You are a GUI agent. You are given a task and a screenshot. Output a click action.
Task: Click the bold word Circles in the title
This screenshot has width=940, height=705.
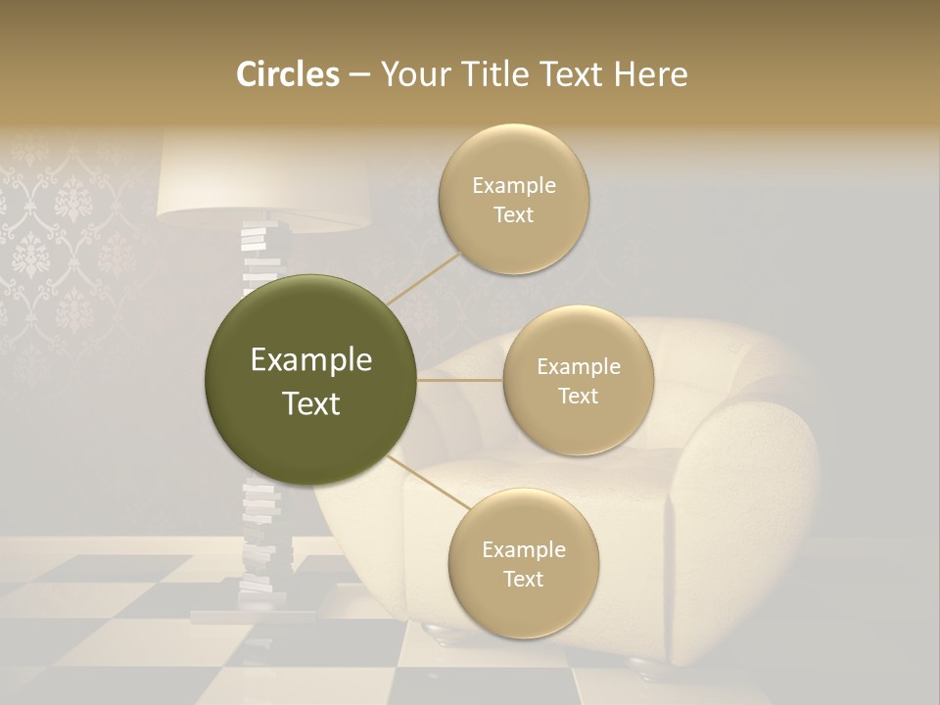coord(288,74)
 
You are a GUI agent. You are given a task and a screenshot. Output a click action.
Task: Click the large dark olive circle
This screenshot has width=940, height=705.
coord(310,379)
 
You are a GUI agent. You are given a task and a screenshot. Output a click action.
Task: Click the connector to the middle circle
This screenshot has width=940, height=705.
coord(460,379)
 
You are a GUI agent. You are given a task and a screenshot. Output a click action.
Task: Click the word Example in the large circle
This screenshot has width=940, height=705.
coord(310,360)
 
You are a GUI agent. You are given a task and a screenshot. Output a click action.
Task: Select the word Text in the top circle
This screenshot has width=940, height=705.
coord(513,215)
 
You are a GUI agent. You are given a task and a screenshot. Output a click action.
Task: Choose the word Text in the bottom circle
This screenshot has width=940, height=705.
coord(523,579)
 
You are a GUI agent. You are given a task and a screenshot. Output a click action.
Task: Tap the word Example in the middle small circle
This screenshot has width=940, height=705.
coord(578,367)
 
